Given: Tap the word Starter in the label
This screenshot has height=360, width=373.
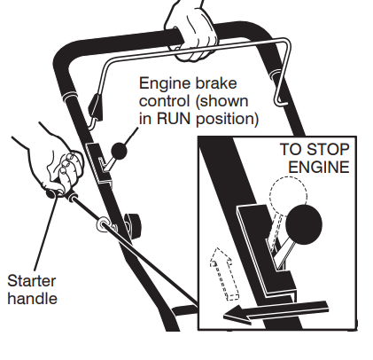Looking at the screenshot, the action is [31, 281].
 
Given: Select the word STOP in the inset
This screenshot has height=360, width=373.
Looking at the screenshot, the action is [328, 149].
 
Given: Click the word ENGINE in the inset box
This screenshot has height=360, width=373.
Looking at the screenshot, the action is [319, 167].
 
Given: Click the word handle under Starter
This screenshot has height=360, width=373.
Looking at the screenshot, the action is [32, 298].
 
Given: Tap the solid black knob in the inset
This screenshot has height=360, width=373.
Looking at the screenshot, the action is [304, 224].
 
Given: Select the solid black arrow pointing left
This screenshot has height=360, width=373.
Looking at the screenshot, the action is [276, 313].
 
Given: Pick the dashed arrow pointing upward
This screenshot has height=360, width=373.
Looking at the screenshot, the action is [224, 273].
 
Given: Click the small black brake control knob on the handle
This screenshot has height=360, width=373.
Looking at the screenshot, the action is [119, 151].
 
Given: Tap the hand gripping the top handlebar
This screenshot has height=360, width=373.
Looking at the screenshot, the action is [192, 33].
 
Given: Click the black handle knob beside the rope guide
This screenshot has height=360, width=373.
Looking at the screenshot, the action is [133, 225].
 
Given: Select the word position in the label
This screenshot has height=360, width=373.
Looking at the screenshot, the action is [228, 119].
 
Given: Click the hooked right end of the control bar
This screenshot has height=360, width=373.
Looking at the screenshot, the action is [281, 89].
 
